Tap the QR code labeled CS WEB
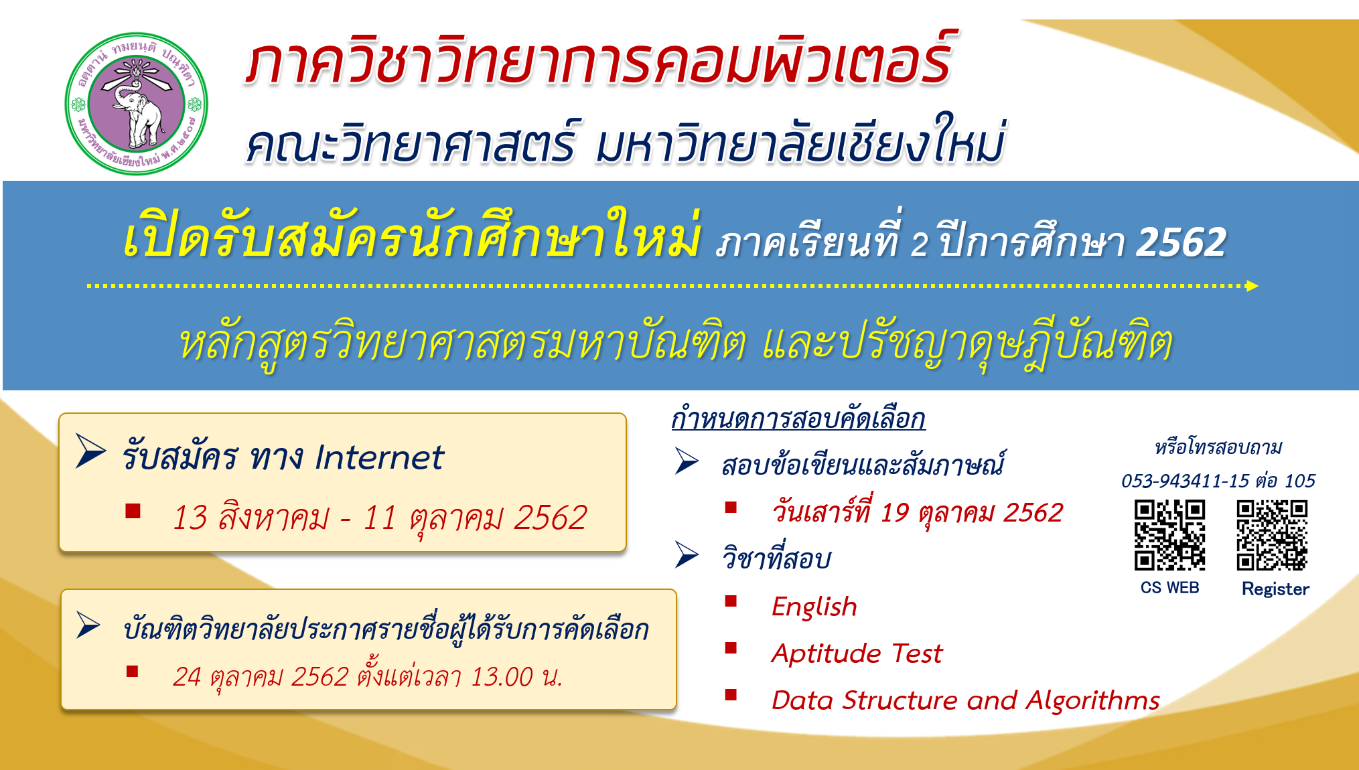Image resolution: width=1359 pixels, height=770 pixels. (x=1169, y=535)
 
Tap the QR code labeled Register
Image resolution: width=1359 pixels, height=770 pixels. (x=1272, y=535)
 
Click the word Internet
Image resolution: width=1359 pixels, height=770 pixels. (x=379, y=458)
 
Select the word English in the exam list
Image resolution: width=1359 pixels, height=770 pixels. (x=814, y=607)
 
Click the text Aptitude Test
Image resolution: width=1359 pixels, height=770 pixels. (x=857, y=653)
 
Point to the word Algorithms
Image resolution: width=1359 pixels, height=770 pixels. (x=1092, y=700)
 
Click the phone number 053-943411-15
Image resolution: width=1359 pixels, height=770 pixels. (x=1185, y=481)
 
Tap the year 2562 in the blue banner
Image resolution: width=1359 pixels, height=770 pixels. (x=1181, y=242)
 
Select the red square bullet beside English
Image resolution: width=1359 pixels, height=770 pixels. (x=731, y=601)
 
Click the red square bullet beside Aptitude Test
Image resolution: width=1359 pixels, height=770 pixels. (x=731, y=647)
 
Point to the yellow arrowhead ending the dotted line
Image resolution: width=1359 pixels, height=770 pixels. (x=1252, y=286)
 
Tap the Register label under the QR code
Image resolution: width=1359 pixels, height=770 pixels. (x=1275, y=589)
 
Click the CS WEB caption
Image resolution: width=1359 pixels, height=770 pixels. (x=1169, y=588)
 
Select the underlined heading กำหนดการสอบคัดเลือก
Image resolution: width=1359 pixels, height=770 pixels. (x=798, y=419)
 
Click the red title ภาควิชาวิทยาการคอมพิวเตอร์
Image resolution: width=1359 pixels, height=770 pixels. (x=599, y=62)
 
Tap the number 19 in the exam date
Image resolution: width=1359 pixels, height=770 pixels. (x=895, y=514)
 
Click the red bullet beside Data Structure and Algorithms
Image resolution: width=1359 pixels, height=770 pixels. (x=731, y=694)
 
